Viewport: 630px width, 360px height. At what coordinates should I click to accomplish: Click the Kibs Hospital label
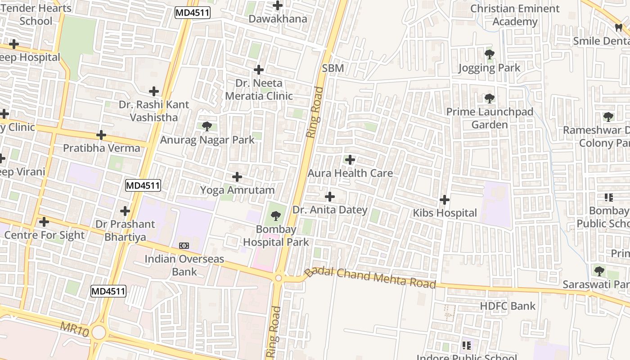[445, 213]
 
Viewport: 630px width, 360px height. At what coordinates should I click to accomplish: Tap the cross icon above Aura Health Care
[350, 160]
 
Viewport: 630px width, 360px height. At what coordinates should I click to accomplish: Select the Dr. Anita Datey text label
[330, 210]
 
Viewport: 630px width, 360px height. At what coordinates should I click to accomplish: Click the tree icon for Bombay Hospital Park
[276, 216]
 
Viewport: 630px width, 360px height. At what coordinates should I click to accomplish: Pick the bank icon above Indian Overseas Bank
[184, 246]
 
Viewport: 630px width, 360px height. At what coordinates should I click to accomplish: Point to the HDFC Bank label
[508, 306]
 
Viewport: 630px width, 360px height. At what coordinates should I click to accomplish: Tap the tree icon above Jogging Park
[490, 55]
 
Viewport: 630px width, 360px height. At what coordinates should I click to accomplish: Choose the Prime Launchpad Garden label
[490, 118]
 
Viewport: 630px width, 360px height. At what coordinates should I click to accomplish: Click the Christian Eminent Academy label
[515, 15]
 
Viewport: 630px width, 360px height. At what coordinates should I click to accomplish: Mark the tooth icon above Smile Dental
[619, 28]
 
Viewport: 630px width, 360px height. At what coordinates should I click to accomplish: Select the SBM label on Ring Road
[333, 68]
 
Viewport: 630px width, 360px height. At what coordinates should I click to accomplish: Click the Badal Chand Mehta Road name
[370, 277]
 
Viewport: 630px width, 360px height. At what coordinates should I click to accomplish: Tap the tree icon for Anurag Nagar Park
[207, 126]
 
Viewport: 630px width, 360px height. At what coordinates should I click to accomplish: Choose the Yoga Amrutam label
[237, 190]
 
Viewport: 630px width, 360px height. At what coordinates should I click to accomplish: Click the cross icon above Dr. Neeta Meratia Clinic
[259, 70]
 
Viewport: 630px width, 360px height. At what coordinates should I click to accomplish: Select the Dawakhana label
[278, 19]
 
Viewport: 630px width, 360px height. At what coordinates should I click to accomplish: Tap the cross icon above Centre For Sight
[44, 222]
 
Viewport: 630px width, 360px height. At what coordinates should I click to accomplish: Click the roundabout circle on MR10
[98, 333]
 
